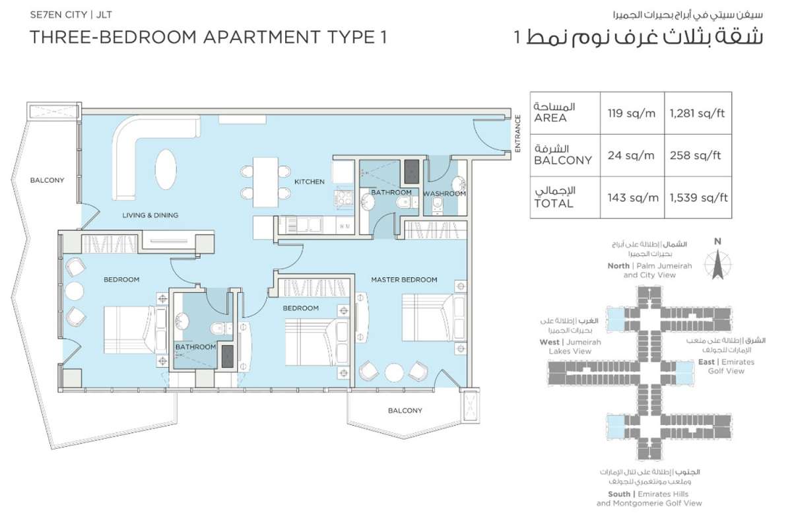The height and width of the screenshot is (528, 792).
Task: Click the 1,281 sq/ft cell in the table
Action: (697, 113)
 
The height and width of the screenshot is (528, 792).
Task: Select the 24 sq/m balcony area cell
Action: (631, 155)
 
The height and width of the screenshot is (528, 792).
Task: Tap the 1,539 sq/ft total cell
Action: (699, 197)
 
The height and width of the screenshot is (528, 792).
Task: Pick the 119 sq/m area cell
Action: (632, 113)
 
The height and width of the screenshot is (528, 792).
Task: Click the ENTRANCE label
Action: (518, 133)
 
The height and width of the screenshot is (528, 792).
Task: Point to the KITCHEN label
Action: (310, 181)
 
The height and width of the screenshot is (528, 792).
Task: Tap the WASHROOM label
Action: (444, 193)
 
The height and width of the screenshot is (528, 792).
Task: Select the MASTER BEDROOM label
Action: (404, 280)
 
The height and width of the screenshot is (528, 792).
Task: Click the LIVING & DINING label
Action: (150, 215)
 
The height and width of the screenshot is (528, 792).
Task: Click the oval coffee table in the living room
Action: (166, 169)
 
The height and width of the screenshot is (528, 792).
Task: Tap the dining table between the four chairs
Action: (265, 181)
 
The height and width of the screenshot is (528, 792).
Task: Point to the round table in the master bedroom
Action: (394, 372)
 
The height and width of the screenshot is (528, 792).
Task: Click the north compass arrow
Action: (718, 265)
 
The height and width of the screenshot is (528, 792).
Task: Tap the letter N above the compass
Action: (717, 242)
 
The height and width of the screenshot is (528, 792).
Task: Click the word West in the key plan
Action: (549, 342)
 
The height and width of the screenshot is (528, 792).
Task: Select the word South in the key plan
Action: (619, 494)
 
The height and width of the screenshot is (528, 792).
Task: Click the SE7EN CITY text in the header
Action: (58, 15)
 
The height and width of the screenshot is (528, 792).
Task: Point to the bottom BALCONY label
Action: (405, 411)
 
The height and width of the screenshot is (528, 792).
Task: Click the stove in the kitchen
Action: (344, 198)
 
